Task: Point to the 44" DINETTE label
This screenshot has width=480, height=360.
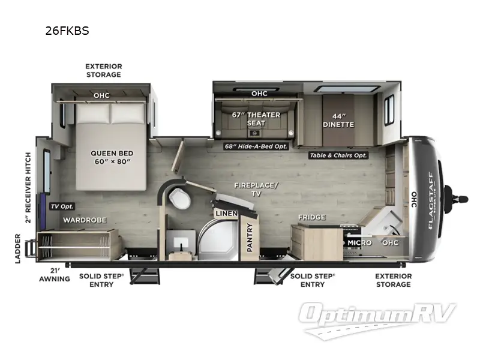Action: coord(339,120)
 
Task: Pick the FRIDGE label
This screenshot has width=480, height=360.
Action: coord(311,217)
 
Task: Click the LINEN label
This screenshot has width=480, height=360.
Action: coord(226,214)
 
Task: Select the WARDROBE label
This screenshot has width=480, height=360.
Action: coord(84,220)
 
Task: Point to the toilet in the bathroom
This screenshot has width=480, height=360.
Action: coord(178,197)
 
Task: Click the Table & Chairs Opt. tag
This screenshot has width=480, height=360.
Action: coord(338,155)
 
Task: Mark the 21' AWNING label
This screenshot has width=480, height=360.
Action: coord(55,275)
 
